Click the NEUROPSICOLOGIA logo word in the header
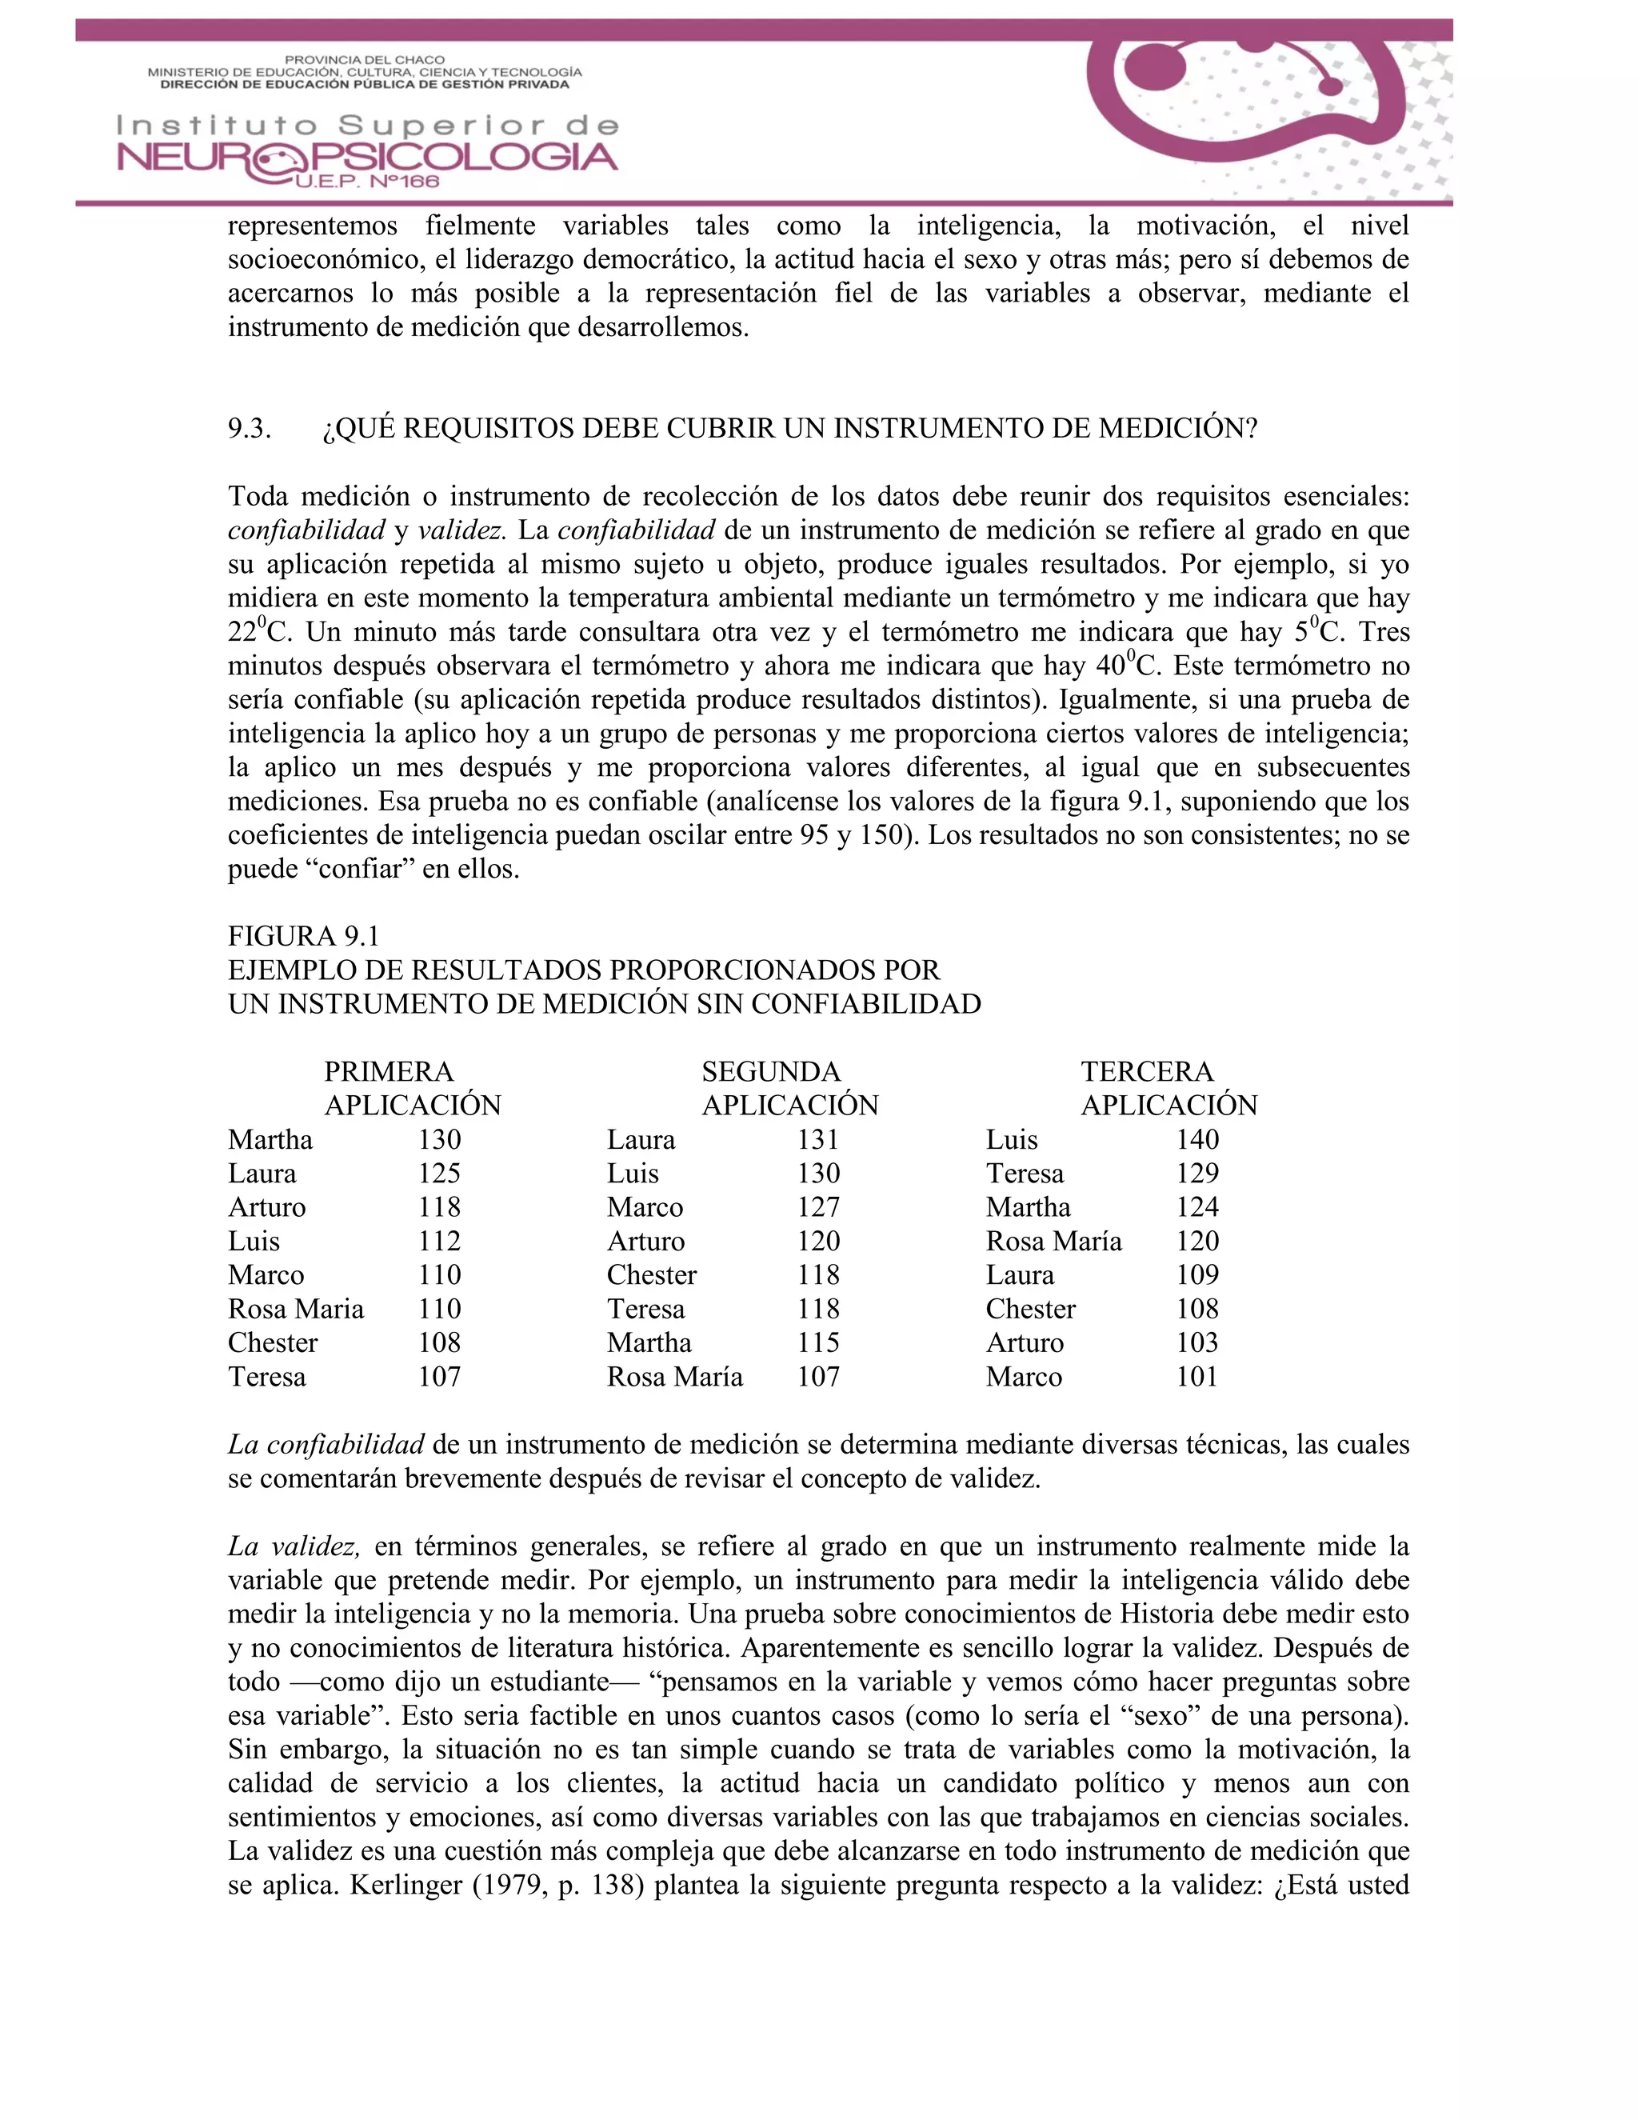367,158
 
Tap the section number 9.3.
250,428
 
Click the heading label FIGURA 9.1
304,936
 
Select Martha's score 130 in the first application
440,1138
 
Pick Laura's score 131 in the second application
818,1138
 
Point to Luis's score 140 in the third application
1197,1138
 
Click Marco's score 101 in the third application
1197,1377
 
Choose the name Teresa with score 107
267,1377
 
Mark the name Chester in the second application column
651,1274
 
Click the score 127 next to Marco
818,1206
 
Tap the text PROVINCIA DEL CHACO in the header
365,59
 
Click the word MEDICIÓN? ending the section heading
1178,428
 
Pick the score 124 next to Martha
1197,1206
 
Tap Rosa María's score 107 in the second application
818,1377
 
